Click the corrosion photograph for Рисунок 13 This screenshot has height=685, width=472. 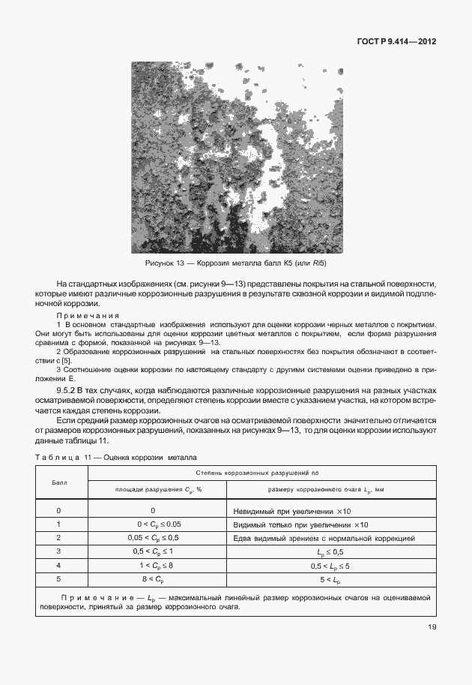point(237,157)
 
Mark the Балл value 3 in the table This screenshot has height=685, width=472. point(59,551)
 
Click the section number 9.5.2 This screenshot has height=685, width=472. point(70,391)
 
